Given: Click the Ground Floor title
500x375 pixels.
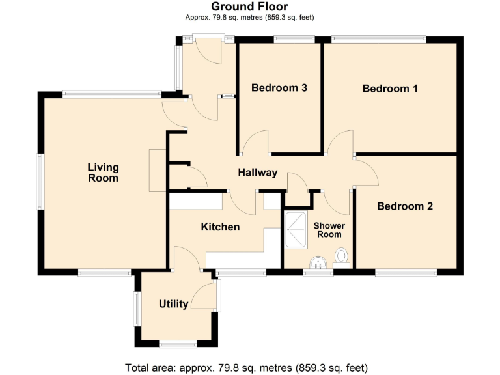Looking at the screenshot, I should (x=249, y=7).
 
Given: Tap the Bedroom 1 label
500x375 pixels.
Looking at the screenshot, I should (x=390, y=89).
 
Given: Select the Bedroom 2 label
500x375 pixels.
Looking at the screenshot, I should (x=405, y=206).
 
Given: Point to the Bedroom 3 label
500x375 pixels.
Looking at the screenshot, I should (x=279, y=88).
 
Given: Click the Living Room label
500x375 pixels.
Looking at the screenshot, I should (x=103, y=173).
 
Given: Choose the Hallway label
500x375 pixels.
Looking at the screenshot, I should (x=257, y=173).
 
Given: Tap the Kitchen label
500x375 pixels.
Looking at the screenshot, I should (x=220, y=227).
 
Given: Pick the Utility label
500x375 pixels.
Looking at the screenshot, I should (x=174, y=304).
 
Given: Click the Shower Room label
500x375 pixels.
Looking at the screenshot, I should (x=329, y=230).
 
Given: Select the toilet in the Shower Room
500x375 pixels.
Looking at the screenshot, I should (x=342, y=257).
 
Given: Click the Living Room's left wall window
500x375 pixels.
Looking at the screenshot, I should (x=40, y=182).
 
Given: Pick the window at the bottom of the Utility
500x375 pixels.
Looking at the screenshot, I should (x=178, y=343).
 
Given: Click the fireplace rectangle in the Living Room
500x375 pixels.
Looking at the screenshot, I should (x=158, y=171).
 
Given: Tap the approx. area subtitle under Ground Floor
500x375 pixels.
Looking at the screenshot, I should (x=249, y=18).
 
